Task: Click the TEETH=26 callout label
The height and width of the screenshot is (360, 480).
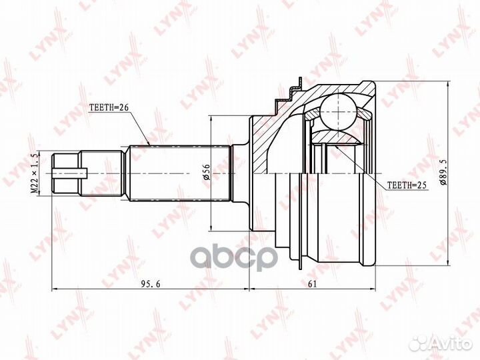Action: coord(109,107)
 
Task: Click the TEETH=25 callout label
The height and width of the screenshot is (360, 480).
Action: coord(407,185)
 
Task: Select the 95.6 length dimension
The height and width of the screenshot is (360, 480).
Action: coord(151,284)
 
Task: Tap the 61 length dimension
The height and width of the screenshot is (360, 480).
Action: coord(312,284)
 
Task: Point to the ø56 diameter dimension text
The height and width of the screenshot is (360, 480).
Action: coord(207,173)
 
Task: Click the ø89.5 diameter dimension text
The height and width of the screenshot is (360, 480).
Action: coord(444,173)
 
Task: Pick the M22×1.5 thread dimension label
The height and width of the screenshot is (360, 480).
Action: coord(35,173)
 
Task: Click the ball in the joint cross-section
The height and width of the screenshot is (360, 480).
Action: coord(339,113)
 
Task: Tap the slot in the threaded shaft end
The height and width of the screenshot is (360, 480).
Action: coord(70,173)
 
